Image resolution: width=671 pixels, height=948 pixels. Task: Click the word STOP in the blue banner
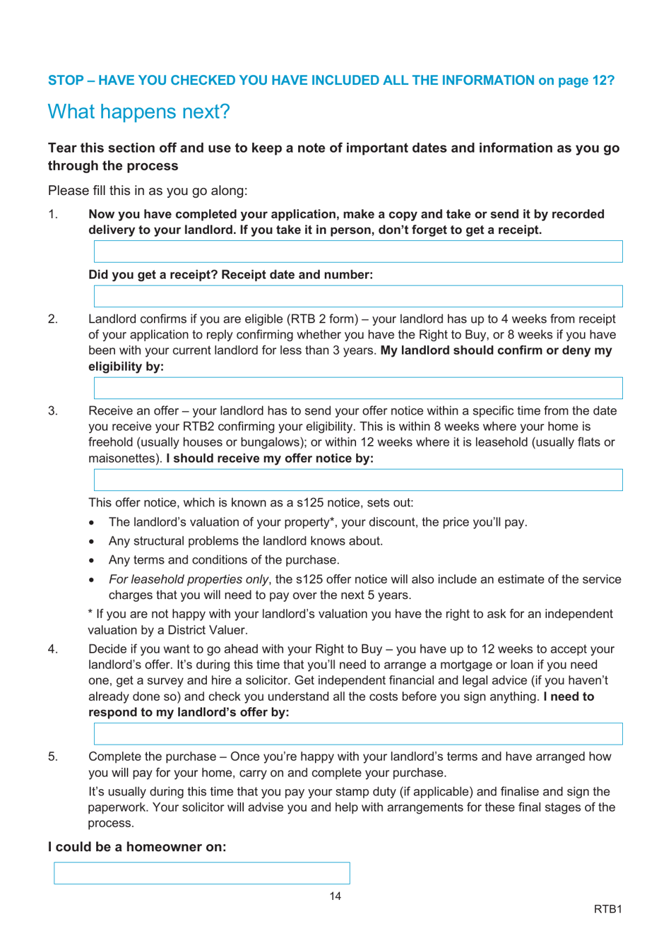[x=66, y=81]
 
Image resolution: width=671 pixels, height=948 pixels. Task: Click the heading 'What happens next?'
[x=138, y=112]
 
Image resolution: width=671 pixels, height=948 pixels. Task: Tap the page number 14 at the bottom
[x=335, y=896]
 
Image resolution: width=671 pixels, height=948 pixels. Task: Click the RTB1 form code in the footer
[x=607, y=909]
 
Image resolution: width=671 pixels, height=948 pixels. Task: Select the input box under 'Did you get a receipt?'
[x=358, y=296]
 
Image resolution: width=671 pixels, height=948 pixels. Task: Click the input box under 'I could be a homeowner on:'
[x=202, y=873]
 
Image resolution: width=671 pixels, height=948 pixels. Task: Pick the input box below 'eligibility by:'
[x=358, y=388]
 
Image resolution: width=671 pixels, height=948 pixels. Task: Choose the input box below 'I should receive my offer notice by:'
[x=358, y=480]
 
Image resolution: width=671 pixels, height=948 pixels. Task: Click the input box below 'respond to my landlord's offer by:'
[x=358, y=734]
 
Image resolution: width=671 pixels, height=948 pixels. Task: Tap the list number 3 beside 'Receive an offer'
[x=53, y=411]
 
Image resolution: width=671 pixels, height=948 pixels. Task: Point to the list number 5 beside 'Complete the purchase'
[x=53, y=757]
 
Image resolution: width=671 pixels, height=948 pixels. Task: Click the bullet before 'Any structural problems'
[x=93, y=542]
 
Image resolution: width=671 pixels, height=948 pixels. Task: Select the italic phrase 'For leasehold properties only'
[x=188, y=579]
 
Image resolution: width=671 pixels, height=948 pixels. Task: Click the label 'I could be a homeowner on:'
[x=137, y=847]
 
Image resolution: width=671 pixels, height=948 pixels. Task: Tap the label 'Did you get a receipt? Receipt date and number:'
[x=230, y=275]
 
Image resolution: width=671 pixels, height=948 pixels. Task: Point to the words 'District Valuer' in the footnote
[x=206, y=630]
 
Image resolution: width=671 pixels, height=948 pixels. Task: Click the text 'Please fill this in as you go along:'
[x=148, y=191]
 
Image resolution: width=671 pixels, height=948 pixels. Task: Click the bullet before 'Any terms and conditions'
[x=93, y=561]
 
